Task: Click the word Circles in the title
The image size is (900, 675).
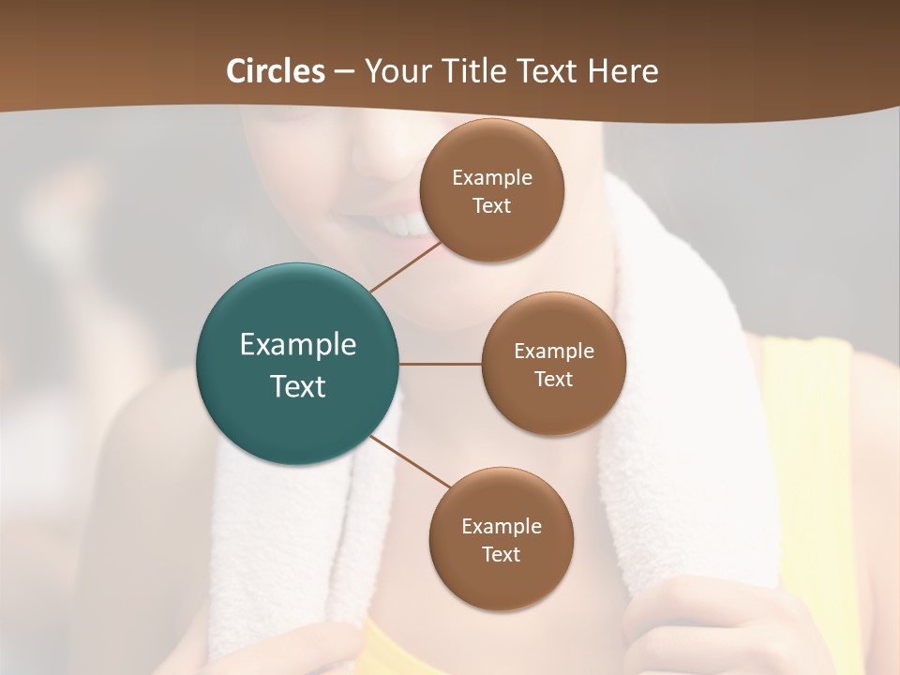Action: (276, 71)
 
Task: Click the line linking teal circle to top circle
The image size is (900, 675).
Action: (405, 266)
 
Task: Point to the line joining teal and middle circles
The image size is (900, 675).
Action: (441, 364)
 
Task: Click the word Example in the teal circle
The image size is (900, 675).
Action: (298, 345)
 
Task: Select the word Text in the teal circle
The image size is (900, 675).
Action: (298, 386)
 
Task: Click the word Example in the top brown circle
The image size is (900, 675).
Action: (492, 178)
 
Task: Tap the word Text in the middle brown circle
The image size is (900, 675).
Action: (554, 380)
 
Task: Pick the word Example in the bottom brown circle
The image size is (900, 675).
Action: (502, 527)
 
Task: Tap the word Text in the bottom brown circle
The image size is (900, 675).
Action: (502, 555)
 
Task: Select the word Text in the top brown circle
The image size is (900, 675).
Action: (492, 206)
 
